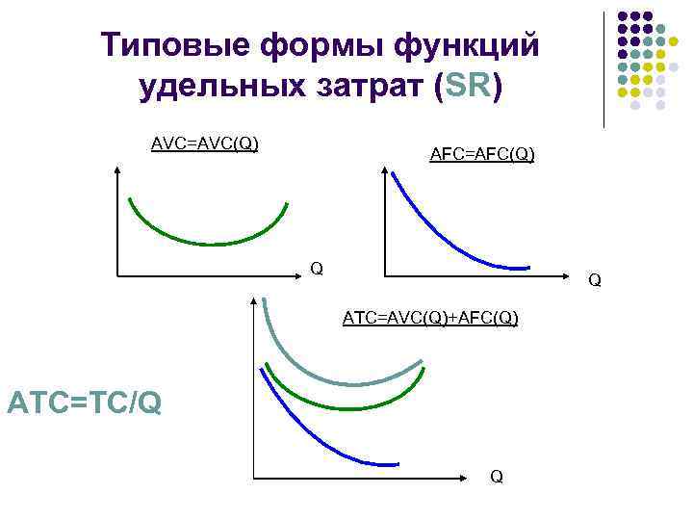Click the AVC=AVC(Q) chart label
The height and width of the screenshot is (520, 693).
(x=205, y=144)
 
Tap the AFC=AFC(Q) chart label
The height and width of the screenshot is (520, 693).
(x=482, y=154)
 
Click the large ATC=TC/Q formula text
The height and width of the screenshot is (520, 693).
(x=84, y=401)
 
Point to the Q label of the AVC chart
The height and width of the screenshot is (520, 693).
(x=316, y=267)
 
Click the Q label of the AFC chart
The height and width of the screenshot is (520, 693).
(x=595, y=280)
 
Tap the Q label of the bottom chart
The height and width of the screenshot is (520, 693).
(x=496, y=476)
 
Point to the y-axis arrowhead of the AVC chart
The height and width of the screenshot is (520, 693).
(x=116, y=170)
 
